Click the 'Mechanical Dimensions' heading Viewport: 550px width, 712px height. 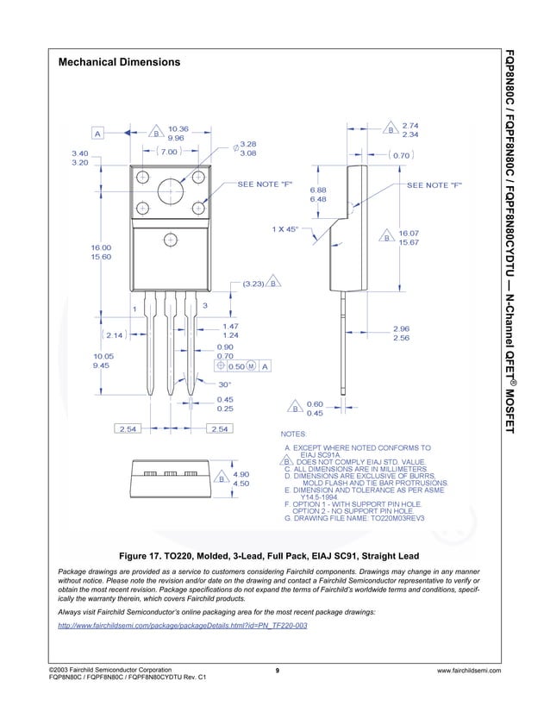119,63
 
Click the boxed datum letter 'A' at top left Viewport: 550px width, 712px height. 98,134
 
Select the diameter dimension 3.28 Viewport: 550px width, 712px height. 248,144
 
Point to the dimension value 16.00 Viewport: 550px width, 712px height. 101,247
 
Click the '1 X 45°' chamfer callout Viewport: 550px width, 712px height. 284,229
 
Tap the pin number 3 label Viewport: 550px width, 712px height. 204,306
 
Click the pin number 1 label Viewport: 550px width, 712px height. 134,309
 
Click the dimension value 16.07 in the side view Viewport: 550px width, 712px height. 408,233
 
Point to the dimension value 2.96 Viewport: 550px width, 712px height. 401,328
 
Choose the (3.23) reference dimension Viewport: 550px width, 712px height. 253,282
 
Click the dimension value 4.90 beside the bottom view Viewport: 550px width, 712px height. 241,474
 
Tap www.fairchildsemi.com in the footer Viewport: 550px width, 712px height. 469,671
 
